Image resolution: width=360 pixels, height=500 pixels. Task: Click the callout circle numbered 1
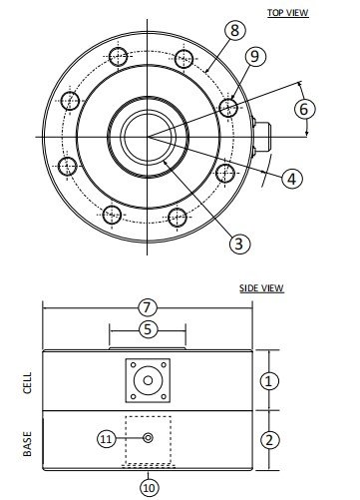coord(269,380)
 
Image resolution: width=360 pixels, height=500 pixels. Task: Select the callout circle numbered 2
coord(269,439)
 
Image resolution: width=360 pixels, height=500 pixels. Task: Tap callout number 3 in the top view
coord(238,243)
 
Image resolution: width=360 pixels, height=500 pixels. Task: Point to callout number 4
coord(291,180)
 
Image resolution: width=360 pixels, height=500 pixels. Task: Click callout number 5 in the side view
coord(148,327)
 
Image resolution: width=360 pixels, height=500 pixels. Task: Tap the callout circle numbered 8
coord(234,31)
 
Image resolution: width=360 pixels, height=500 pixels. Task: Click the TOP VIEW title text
coord(289,12)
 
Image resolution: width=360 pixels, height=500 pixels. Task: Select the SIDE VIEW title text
coord(262,288)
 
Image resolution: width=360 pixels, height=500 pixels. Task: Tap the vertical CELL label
coord(27,382)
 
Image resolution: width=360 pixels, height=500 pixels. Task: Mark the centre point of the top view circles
coord(148,136)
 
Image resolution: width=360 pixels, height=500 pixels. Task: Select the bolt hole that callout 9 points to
coord(227,105)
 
